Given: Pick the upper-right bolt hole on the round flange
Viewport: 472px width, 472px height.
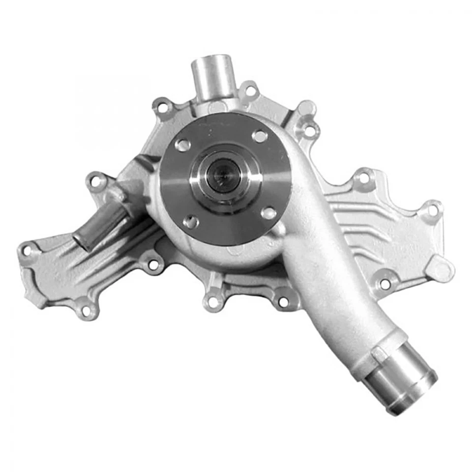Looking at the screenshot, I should pos(259,136).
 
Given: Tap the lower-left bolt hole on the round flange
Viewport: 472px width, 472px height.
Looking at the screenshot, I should pos(191,221).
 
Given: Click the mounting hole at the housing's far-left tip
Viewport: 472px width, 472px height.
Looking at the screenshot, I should pos(28,251).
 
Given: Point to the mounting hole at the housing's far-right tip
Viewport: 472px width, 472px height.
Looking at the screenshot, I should pos(433,210).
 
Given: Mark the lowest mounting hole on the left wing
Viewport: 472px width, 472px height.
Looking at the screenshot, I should pos(87,310).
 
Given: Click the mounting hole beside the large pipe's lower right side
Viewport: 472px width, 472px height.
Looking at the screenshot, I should pos(385,284).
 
